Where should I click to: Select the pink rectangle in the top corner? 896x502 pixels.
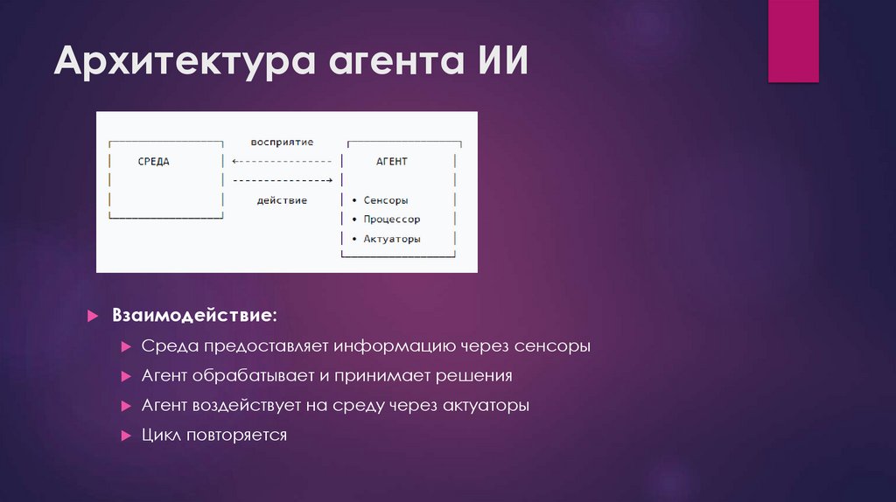click(793, 41)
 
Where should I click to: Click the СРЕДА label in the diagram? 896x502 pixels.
click(154, 162)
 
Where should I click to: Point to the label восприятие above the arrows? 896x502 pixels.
click(282, 142)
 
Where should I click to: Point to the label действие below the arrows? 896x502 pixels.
click(282, 200)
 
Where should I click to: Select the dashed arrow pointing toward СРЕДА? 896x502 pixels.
click(282, 162)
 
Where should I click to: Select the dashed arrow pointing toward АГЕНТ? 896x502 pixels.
click(282, 181)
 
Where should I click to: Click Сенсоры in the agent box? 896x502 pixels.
click(386, 200)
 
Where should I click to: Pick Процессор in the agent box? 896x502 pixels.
click(391, 220)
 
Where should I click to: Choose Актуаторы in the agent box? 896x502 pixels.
click(392, 239)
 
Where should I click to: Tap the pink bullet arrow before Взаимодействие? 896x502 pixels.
click(93, 315)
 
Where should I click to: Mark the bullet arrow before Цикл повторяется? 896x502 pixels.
click(126, 436)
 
